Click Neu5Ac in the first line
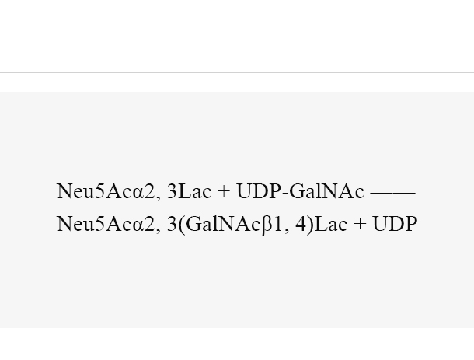[94, 191]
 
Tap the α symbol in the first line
[138, 194]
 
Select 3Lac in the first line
[190, 191]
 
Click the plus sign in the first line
[224, 192]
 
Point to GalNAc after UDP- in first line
[327, 191]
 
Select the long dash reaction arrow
[393, 192]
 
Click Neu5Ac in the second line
[94, 224]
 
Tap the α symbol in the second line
[138, 226]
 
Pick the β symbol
[267, 225]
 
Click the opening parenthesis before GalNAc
[181, 225]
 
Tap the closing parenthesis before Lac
[310, 225]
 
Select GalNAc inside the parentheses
[223, 224]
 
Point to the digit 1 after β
[278, 224]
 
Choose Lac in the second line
[331, 224]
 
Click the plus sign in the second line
[360, 225]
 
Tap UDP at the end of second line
[395, 224]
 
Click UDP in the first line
[259, 191]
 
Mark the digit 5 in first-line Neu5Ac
[99, 191]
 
